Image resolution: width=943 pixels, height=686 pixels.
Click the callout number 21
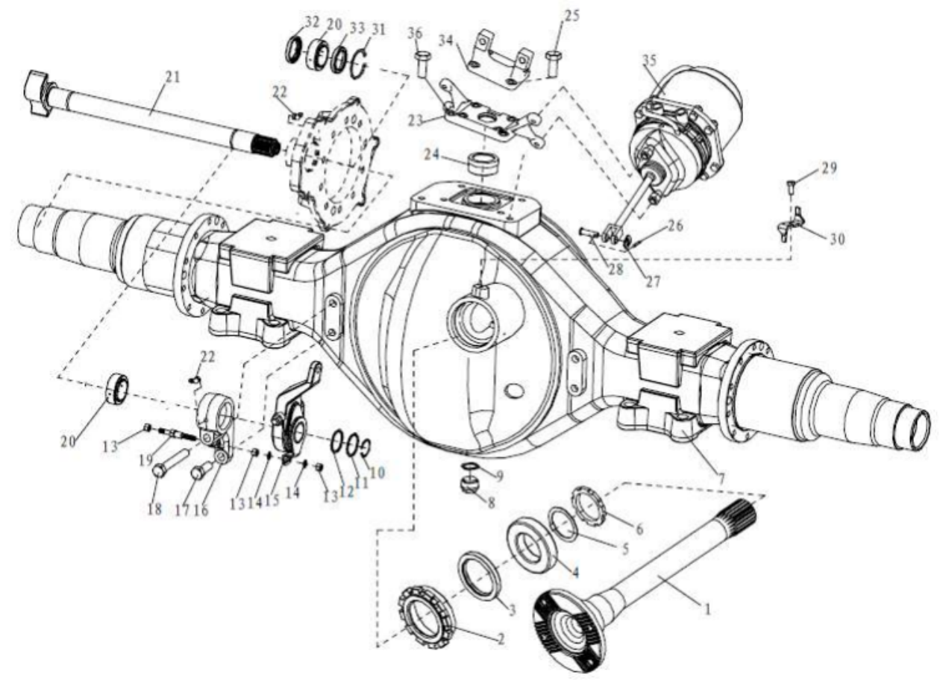pos(172,78)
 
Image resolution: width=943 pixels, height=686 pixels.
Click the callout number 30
pos(837,239)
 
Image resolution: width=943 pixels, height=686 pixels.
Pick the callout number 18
pos(154,509)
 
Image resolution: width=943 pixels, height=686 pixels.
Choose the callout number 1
pos(707,609)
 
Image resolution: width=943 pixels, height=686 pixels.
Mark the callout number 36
pos(415,34)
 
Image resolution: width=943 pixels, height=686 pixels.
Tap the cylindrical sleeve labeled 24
pos(484,163)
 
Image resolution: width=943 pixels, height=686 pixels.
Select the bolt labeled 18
pos(169,462)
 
